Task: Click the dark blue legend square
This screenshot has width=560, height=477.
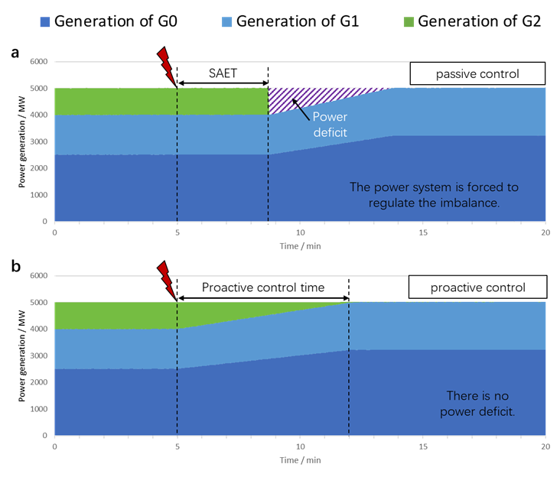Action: (45, 22)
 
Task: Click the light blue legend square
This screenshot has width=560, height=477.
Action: (226, 22)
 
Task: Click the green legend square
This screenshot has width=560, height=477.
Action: (409, 22)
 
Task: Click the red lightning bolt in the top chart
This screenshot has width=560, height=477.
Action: (166, 65)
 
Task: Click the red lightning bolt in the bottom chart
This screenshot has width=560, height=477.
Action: (166, 278)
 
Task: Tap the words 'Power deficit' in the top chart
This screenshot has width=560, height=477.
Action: (330, 125)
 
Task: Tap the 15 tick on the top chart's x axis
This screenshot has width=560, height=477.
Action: (423, 232)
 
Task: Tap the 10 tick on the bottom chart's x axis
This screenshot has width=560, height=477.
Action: (300, 446)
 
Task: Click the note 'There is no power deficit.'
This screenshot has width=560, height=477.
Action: (477, 404)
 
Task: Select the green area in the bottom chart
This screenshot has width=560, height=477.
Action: (115, 315)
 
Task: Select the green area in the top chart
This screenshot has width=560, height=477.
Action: (153, 101)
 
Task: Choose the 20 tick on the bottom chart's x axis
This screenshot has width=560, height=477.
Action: (545, 446)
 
